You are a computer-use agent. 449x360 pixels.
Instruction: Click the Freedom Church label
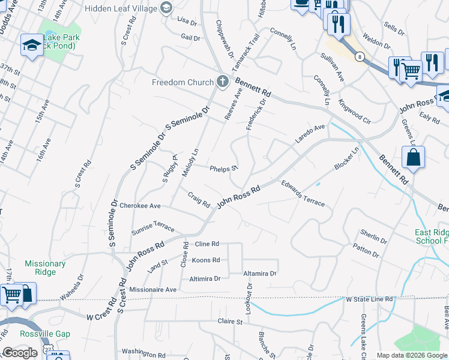click(182, 82)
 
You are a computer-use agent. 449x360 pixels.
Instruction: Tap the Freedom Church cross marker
click(223, 82)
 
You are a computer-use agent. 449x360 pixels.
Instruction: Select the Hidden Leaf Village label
click(120, 8)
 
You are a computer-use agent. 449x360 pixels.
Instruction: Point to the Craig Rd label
click(198, 199)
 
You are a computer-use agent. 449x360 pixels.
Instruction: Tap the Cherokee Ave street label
click(140, 206)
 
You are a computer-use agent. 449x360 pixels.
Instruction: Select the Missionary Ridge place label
click(45, 268)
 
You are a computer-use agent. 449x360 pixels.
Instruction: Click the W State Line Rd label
click(369, 299)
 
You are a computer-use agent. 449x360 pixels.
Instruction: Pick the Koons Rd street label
click(206, 260)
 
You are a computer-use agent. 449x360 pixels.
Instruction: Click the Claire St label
click(229, 322)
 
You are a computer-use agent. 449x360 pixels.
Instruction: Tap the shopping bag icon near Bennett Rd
click(414, 158)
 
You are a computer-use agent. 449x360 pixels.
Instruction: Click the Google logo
click(20, 353)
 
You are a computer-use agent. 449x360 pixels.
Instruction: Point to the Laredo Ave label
click(309, 134)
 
